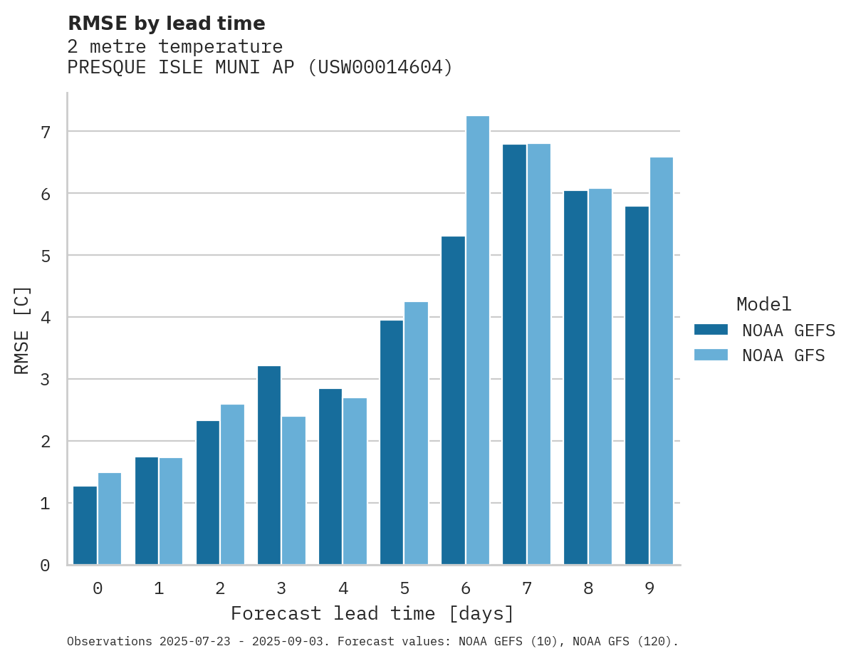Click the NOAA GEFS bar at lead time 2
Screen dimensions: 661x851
[208, 493]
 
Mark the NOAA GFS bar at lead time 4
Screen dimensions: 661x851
[355, 482]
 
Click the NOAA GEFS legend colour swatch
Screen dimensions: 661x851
[711, 330]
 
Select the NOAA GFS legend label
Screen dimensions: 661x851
[783, 355]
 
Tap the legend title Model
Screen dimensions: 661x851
[764, 305]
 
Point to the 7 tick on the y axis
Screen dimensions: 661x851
[46, 132]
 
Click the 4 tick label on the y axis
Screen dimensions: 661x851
[46, 318]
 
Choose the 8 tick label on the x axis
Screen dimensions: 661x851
[588, 588]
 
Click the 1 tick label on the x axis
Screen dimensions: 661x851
[159, 588]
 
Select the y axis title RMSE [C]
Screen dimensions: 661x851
[23, 330]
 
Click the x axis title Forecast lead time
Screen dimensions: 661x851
[372, 613]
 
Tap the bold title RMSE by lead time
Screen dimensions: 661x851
[167, 24]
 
